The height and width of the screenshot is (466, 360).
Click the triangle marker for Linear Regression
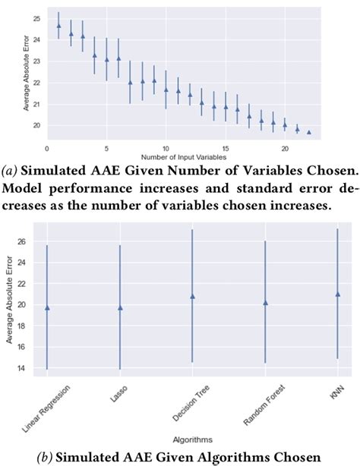[x=48, y=307]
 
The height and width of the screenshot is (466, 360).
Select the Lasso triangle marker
[x=120, y=307]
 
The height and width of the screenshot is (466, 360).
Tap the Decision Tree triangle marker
[x=193, y=296]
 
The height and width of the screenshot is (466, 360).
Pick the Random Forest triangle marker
[x=265, y=302]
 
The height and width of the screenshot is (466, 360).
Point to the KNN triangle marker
[x=337, y=294]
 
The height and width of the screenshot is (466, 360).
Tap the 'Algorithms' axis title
[x=193, y=439]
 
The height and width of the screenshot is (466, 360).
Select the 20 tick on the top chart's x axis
[x=285, y=143]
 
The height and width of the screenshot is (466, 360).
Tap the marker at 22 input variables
[x=309, y=132]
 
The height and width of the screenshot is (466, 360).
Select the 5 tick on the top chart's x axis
[x=106, y=143]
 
